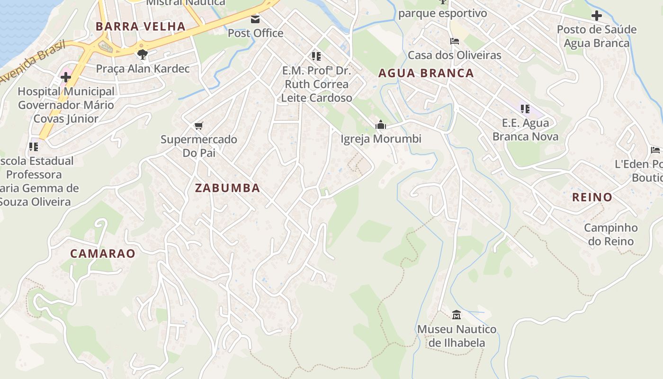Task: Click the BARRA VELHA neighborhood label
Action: coord(140,27)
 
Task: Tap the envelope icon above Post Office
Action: coord(255,19)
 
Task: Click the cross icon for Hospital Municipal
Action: coord(66,77)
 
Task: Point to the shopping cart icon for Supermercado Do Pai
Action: coord(199,126)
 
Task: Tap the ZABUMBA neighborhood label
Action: coord(227,188)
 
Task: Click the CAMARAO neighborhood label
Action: coord(103,253)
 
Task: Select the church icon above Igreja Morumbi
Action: coord(381,125)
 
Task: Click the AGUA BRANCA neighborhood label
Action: coord(426,73)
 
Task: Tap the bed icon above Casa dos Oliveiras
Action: coord(455,41)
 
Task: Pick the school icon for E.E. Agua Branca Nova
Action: coord(525,109)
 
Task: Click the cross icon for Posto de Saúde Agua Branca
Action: coord(596,16)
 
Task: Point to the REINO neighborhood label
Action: coord(592,197)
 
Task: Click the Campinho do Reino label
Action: coord(610,235)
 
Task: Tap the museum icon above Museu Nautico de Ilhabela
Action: coord(457,315)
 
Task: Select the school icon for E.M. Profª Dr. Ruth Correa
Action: coord(316,57)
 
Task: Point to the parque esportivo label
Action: coord(442,13)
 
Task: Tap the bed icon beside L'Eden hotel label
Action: coord(655,150)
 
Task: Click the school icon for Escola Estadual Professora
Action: coord(33,147)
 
